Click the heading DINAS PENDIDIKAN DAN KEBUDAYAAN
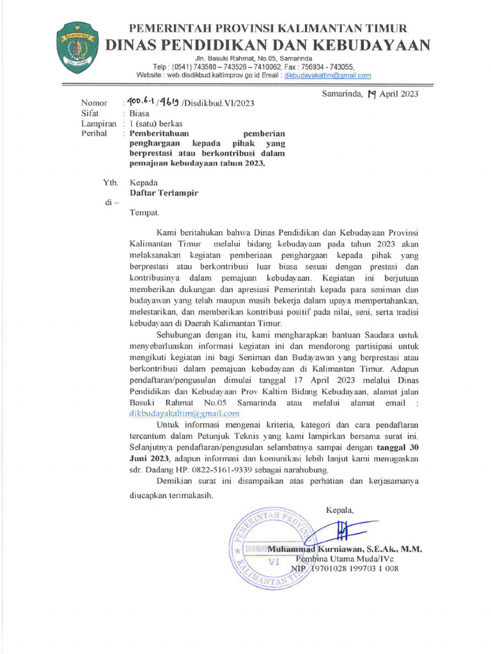pos(267,45)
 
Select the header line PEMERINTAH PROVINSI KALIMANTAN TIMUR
pos(268,28)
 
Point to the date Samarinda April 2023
pos(369,94)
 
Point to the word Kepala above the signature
pos(339,510)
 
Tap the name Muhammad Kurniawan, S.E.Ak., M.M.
pos(345,549)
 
